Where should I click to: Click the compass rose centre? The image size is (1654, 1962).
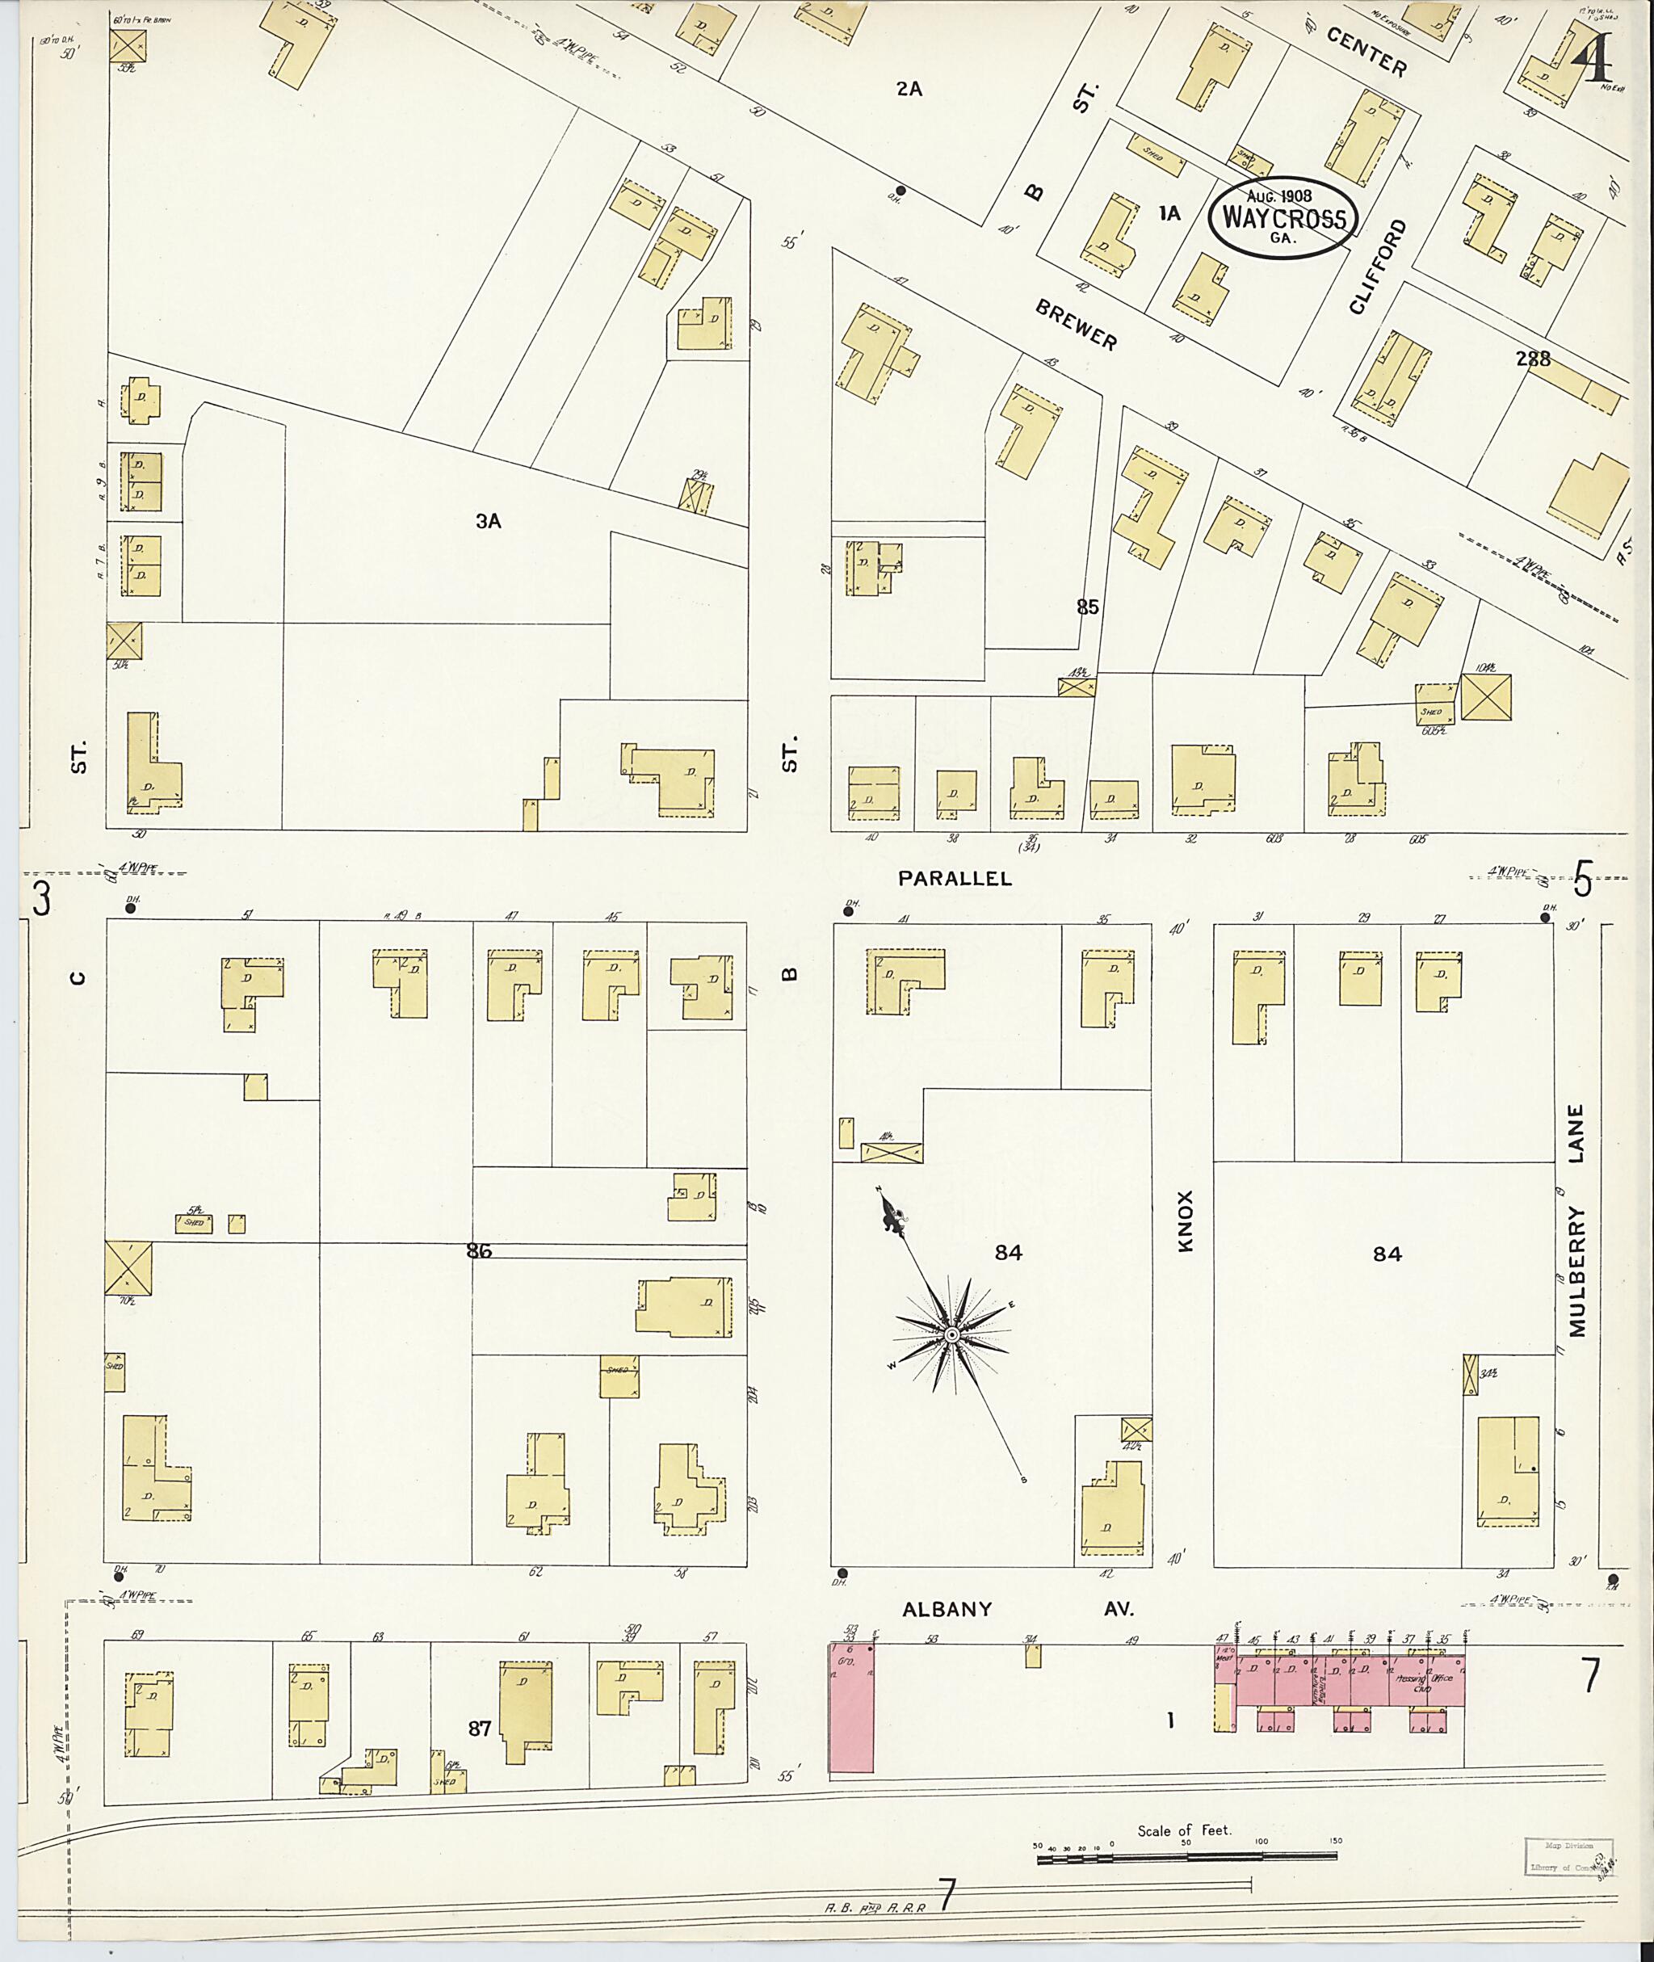point(951,1334)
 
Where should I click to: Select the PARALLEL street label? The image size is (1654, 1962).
point(955,878)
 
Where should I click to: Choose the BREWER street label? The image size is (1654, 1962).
point(1077,326)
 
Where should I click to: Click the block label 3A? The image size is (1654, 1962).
point(488,522)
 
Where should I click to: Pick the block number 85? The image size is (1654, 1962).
point(1087,607)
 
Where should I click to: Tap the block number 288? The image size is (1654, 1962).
point(1531,359)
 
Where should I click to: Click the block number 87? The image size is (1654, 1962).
point(479,1728)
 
